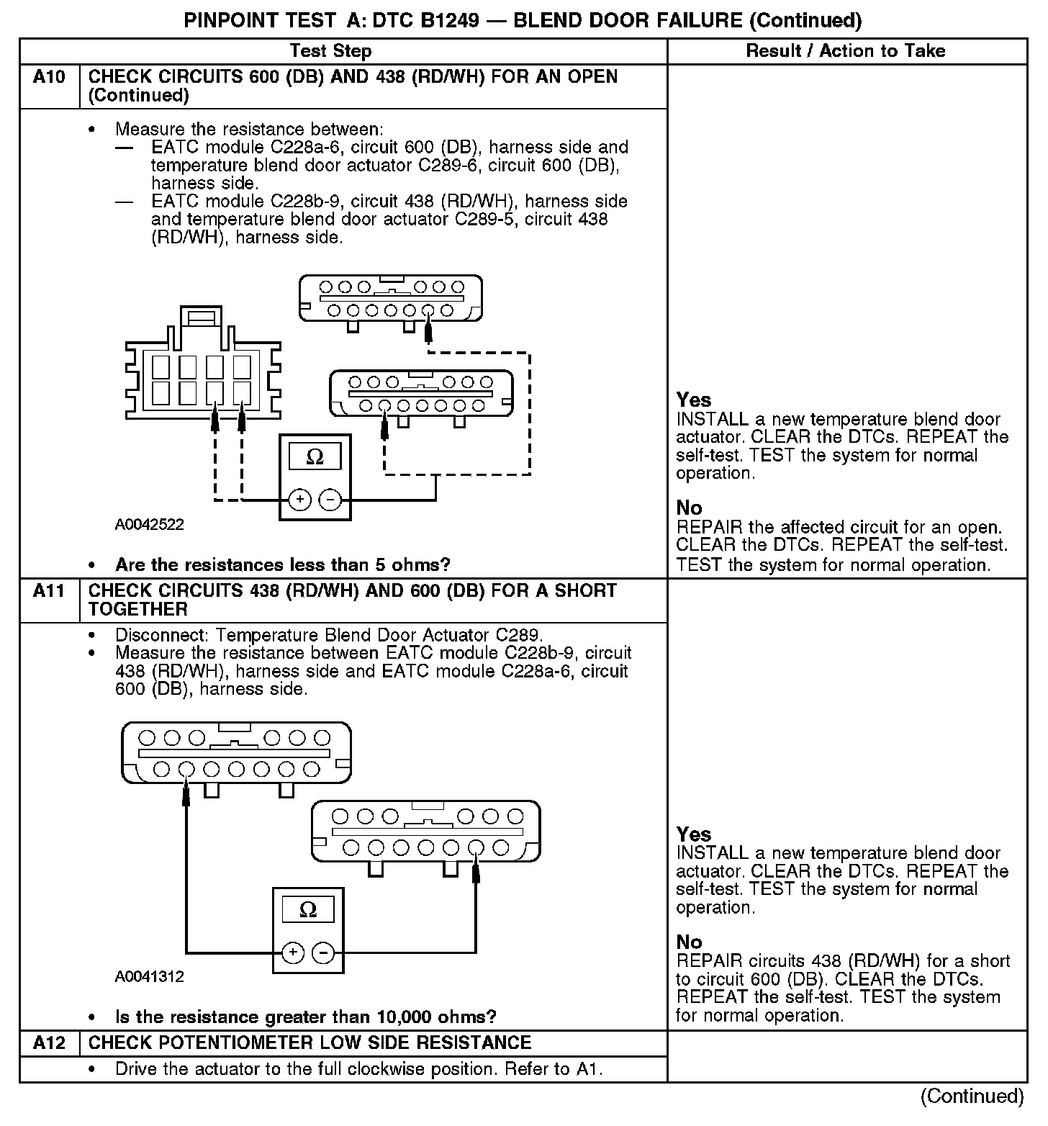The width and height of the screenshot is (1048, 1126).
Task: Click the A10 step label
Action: (x=48, y=77)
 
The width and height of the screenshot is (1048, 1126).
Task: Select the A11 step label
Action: (x=48, y=591)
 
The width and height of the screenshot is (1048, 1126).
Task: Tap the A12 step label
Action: (x=48, y=1042)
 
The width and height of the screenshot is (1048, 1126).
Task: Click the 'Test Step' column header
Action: (x=330, y=51)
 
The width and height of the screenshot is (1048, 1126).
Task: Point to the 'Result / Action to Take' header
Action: (x=845, y=51)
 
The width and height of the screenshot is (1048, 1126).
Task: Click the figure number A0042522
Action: (x=149, y=525)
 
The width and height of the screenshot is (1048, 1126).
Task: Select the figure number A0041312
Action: (x=149, y=977)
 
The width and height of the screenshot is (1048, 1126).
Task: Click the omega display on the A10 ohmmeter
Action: (x=315, y=457)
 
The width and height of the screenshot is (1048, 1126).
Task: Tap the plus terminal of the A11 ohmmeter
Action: (x=292, y=952)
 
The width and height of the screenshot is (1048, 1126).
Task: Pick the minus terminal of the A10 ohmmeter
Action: (x=330, y=499)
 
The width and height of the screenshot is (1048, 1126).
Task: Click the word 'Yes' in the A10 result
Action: (x=694, y=400)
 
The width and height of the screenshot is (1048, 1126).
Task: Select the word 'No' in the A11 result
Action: (x=689, y=942)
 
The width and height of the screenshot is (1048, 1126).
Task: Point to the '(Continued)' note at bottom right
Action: (x=972, y=1096)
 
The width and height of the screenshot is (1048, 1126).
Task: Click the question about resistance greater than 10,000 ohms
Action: (x=305, y=1017)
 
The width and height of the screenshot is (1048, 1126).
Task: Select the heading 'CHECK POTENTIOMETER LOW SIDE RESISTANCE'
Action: (x=310, y=1042)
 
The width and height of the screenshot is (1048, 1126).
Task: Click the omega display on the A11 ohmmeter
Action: (x=307, y=910)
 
